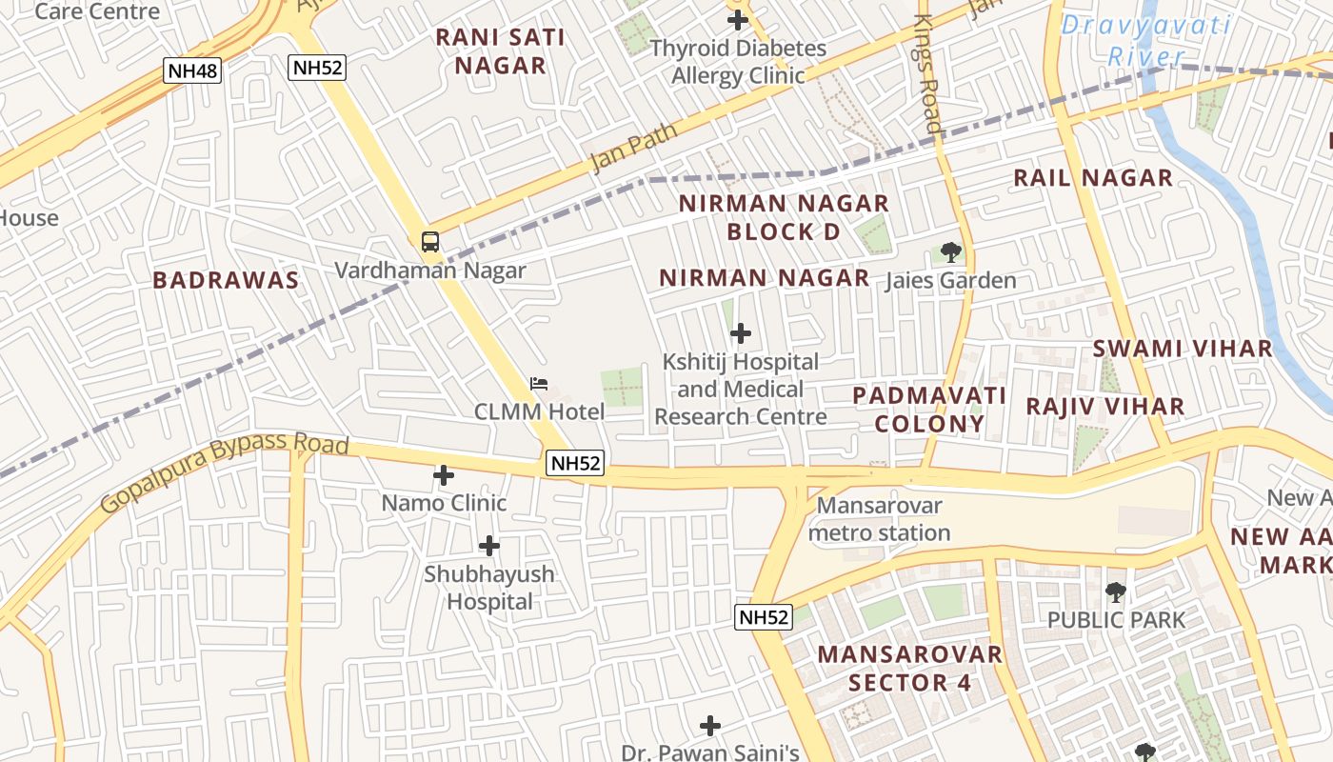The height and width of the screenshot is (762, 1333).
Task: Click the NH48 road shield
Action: (192, 70)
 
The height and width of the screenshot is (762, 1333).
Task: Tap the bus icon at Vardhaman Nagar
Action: (430, 241)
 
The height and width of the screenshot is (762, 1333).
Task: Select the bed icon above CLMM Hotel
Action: (539, 384)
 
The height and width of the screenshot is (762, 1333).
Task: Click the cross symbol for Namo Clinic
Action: (444, 474)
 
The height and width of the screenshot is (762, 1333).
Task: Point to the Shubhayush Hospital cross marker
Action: (489, 546)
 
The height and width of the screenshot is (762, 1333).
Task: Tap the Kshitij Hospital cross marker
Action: (741, 333)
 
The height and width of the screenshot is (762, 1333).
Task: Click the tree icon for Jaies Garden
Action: (950, 252)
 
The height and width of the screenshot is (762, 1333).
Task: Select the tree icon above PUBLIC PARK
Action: (1115, 592)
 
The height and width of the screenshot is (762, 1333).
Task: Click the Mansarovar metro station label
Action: (879, 519)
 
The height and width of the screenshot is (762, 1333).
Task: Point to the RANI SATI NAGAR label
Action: (500, 51)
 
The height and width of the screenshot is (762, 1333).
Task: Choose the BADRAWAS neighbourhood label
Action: (226, 280)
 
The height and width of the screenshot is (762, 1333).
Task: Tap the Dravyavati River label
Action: (1145, 40)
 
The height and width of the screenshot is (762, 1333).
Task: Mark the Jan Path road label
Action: (633, 148)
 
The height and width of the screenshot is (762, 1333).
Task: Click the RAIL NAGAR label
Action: (1093, 178)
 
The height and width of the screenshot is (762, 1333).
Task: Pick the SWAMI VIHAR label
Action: (1182, 349)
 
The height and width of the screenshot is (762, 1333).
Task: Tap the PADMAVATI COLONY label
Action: (929, 410)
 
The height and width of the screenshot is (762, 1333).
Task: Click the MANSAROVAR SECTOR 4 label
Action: (909, 669)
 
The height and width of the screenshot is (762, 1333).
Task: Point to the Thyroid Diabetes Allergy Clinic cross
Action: (738, 19)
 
